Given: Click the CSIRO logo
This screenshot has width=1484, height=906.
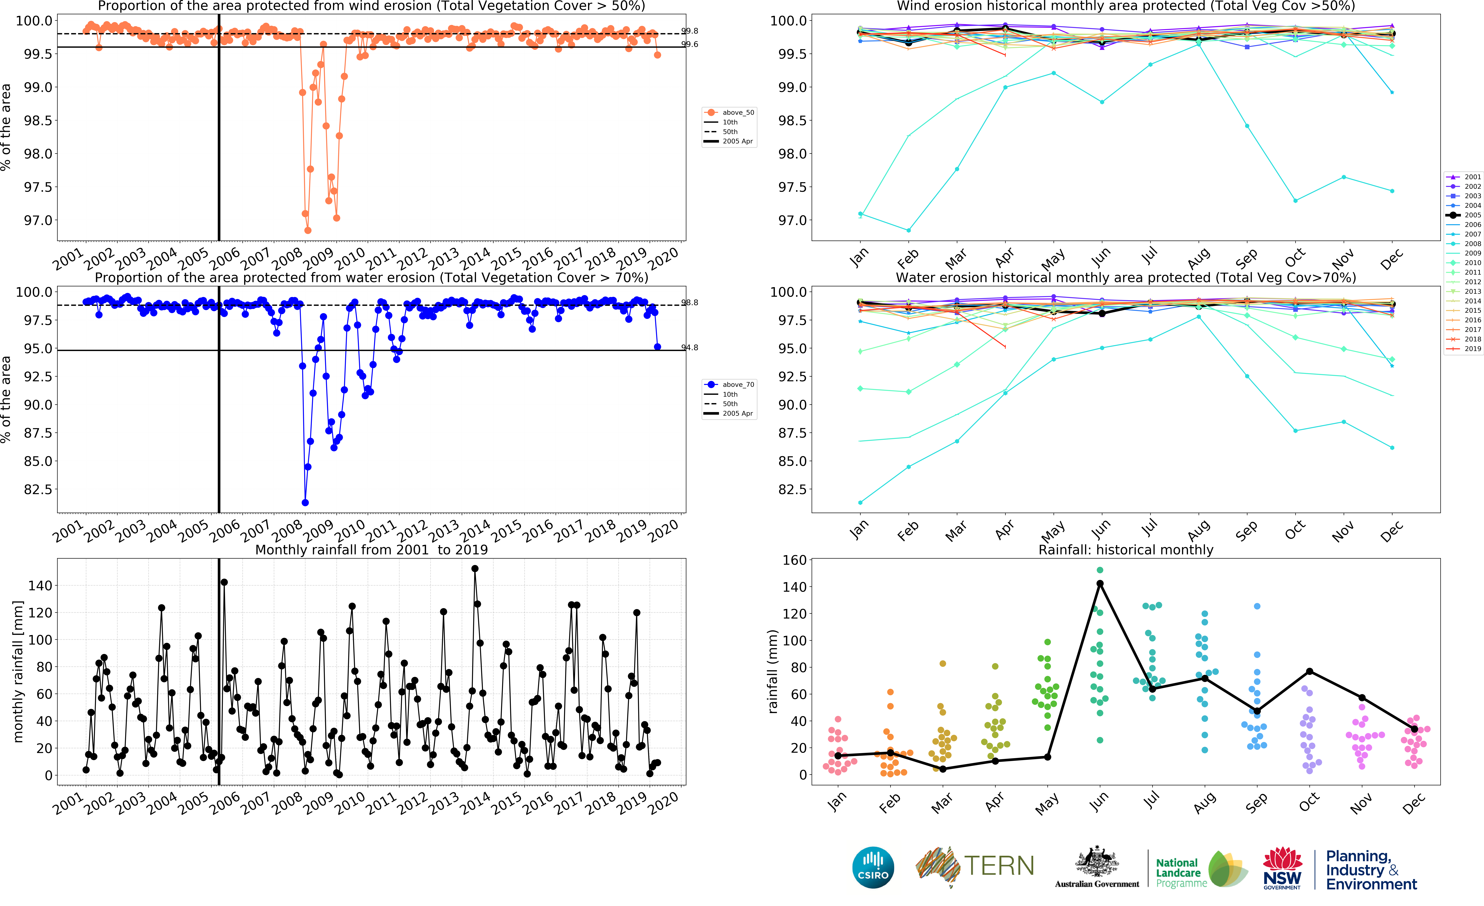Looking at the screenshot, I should click(x=873, y=867).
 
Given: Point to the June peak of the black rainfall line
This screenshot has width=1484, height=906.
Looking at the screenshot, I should click(x=1100, y=583).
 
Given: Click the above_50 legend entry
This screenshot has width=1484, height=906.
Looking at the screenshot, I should click(x=729, y=113).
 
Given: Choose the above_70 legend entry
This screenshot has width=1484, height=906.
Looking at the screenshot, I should click(x=729, y=385).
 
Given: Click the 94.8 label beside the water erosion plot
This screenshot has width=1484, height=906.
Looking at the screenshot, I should click(x=690, y=347).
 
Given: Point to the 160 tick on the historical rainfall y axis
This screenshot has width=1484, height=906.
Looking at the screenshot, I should click(x=794, y=560).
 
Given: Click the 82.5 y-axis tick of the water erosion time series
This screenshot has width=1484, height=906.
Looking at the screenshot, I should click(x=37, y=489).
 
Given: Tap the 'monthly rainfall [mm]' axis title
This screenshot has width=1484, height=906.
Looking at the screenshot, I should click(x=18, y=671).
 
